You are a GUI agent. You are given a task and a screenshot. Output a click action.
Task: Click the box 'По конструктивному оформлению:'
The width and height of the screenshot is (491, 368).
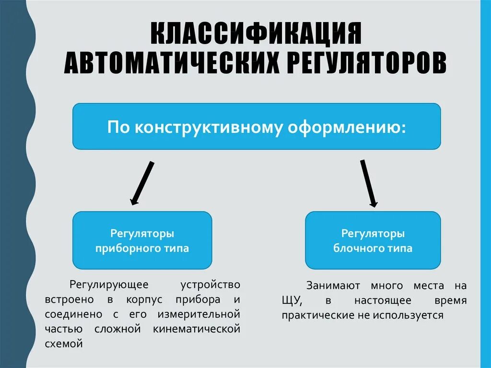click(257, 126)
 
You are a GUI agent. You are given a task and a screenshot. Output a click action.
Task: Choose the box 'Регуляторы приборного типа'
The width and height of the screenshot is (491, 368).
click(142, 240)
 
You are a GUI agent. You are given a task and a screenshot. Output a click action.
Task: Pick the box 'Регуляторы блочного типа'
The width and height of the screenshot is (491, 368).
click(373, 240)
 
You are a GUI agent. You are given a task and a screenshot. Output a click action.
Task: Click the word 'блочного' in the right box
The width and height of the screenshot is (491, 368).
click(363, 249)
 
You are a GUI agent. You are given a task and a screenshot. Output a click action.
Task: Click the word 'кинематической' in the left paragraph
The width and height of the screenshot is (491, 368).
click(197, 329)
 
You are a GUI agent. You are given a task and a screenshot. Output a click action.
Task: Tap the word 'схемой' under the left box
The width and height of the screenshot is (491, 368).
click(64, 344)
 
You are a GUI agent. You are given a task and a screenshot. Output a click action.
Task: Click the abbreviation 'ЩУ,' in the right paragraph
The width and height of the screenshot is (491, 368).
click(292, 301)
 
